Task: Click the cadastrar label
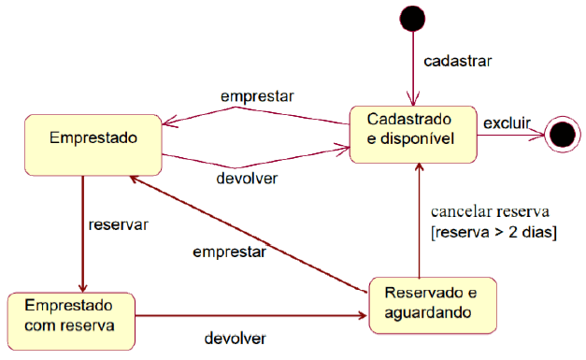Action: (x=458, y=61)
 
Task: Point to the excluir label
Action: (x=507, y=122)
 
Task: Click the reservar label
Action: (x=119, y=224)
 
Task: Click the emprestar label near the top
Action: (x=257, y=96)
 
